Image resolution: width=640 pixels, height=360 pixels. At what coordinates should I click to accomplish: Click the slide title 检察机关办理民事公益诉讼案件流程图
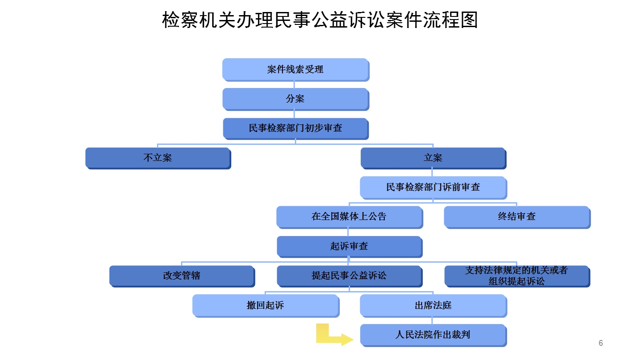[320, 20]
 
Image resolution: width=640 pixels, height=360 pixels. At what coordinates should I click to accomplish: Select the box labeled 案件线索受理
[295, 69]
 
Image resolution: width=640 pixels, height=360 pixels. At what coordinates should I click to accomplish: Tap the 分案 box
[295, 99]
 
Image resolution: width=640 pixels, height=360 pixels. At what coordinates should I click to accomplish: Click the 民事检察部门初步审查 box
[295, 128]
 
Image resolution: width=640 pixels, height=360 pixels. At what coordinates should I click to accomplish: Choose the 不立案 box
[158, 158]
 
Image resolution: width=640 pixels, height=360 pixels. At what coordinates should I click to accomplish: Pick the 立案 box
[433, 158]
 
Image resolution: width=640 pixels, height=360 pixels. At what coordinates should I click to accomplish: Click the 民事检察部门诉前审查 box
[433, 187]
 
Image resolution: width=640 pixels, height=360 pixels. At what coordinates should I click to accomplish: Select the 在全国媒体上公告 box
[349, 216]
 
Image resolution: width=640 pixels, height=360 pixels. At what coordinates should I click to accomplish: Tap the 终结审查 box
[517, 216]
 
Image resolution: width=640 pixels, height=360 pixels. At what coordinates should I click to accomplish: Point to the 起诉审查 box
[349, 246]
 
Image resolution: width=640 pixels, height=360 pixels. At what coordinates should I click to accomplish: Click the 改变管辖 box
[182, 276]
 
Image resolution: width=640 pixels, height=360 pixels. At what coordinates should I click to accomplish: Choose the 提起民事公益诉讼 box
[349, 276]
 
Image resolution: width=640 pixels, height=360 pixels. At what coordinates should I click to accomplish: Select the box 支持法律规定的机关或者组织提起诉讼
[517, 276]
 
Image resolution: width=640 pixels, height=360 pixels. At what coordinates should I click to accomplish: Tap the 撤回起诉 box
[266, 305]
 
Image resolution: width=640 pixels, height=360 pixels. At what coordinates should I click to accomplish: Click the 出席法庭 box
[433, 305]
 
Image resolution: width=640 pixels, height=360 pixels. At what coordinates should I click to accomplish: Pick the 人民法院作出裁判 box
[433, 335]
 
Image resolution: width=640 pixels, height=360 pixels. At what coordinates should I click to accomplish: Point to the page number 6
[601, 343]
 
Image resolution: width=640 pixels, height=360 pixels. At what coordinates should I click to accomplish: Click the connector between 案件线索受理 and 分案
[294, 84]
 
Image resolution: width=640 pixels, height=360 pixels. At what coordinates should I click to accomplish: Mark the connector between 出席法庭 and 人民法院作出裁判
[432, 320]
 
